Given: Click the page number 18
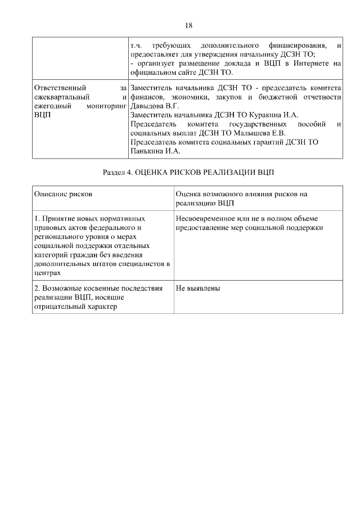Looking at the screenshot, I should [x=188, y=25].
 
